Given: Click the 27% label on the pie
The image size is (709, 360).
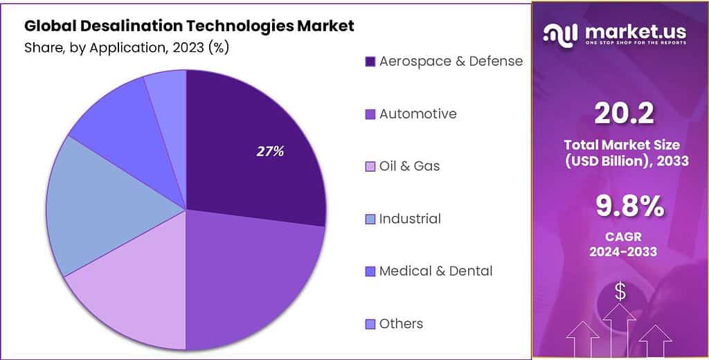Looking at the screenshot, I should click(x=270, y=152).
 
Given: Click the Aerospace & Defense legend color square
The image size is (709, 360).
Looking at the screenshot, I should click(x=370, y=62).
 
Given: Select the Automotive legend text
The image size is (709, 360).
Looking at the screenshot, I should click(x=418, y=114).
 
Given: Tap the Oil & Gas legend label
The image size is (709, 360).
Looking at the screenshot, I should click(x=409, y=166).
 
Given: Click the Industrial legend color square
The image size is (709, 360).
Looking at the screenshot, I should click(x=370, y=219).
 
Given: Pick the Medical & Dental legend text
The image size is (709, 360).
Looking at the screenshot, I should click(x=436, y=271).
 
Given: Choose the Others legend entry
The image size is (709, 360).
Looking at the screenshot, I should click(x=401, y=324).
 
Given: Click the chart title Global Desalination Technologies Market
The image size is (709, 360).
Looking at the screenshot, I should click(x=189, y=26).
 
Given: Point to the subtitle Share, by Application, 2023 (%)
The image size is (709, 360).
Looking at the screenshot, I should click(x=127, y=48).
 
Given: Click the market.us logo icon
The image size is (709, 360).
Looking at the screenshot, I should click(x=560, y=33).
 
